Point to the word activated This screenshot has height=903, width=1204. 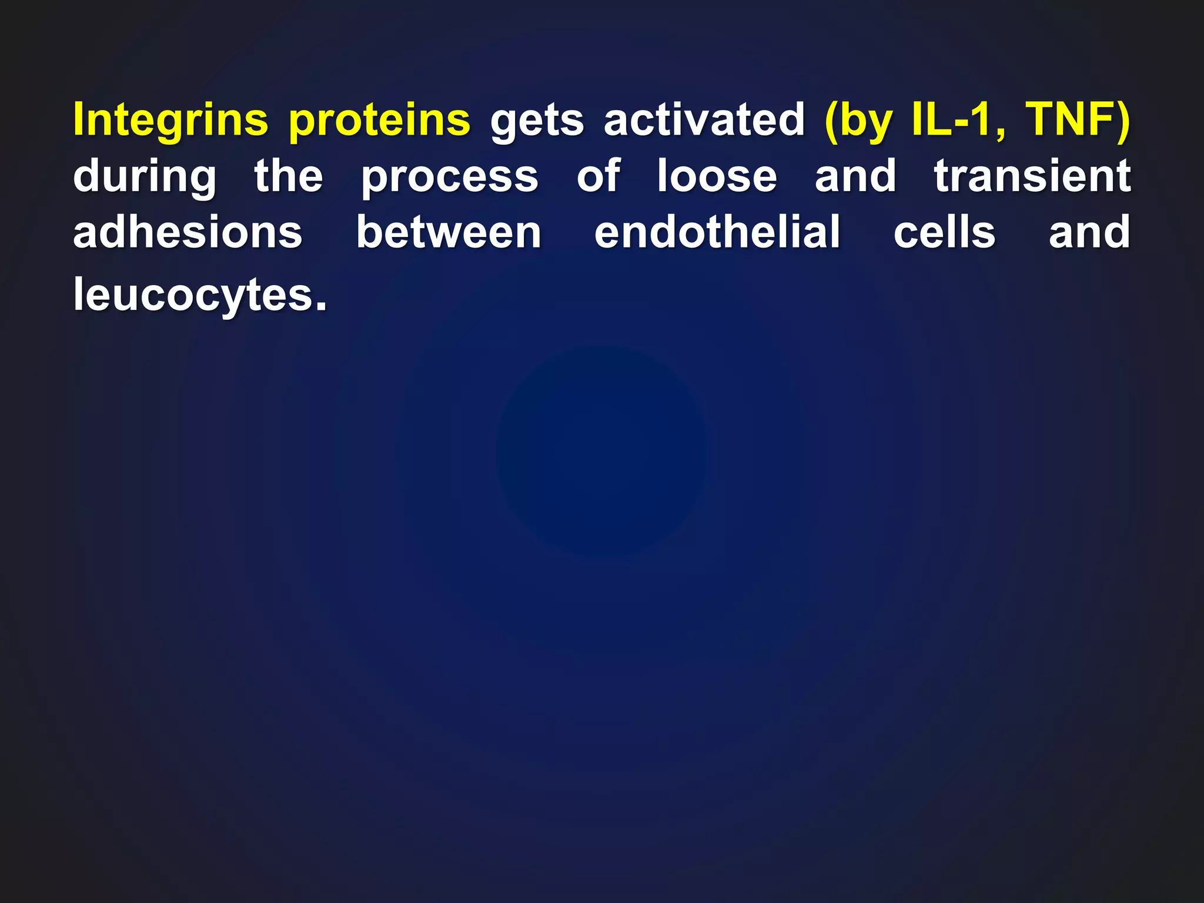coord(704,119)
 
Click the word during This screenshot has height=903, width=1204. coord(145,176)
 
